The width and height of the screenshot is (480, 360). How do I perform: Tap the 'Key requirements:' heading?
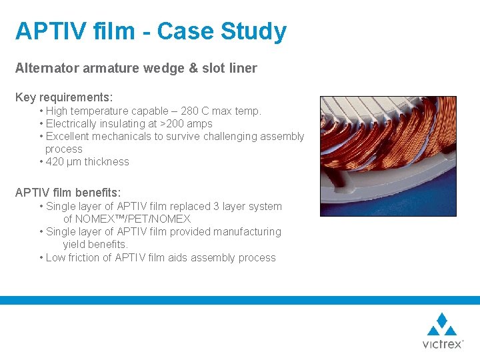[64, 97]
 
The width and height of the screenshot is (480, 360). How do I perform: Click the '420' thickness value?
[55, 162]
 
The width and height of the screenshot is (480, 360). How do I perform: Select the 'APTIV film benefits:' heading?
[68, 193]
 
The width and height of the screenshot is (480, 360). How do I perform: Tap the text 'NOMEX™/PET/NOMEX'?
[127, 219]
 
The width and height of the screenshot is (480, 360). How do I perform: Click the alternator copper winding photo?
[387, 156]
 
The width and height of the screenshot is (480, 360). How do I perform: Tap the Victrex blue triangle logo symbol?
[441, 325]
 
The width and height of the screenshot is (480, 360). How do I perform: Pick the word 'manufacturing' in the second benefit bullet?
[247, 232]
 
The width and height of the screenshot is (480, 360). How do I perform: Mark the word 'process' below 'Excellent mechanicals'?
[64, 149]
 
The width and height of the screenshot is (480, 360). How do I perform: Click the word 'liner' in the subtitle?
[243, 68]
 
